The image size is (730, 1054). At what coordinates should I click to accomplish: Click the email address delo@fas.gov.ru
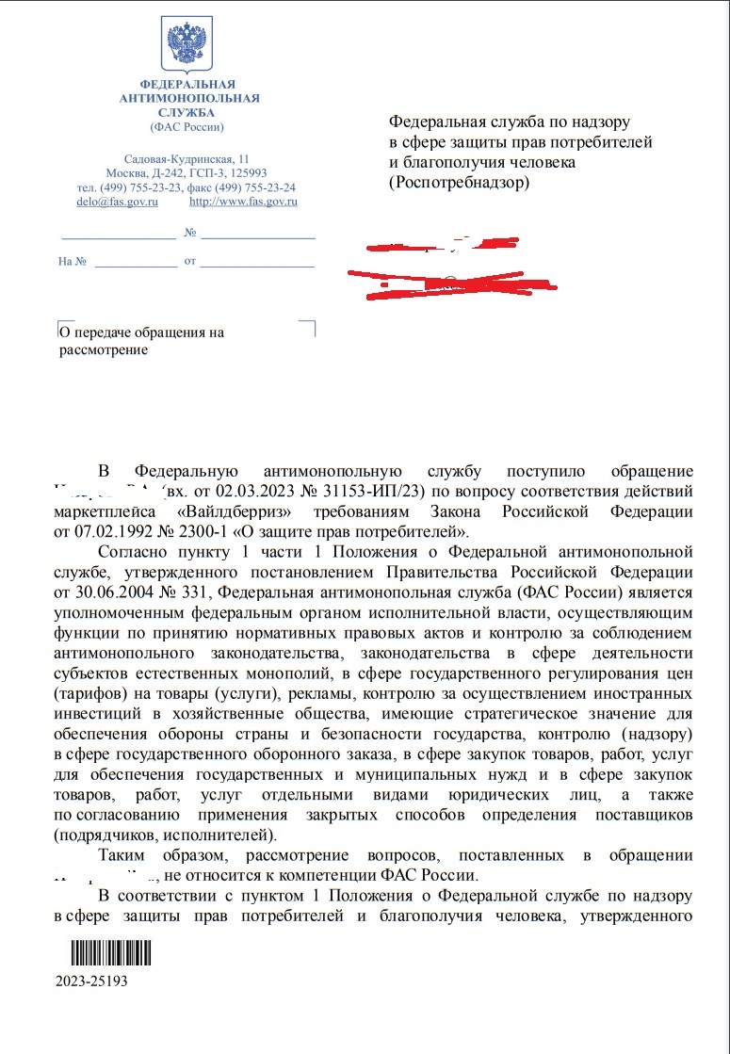117,201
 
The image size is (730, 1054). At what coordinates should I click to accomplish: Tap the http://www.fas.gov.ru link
243,201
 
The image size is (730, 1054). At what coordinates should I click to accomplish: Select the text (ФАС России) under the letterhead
187,126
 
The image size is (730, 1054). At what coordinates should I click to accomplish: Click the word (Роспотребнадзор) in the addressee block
460,183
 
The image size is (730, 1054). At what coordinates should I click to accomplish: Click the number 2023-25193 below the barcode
91,981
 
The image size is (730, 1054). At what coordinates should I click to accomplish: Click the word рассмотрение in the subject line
104,350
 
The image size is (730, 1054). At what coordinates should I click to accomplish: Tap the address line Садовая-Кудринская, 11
187,158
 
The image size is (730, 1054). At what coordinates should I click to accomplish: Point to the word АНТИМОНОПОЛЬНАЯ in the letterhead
188,99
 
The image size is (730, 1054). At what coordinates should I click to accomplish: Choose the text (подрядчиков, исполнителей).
163,835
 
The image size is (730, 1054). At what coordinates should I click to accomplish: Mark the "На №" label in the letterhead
73,261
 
